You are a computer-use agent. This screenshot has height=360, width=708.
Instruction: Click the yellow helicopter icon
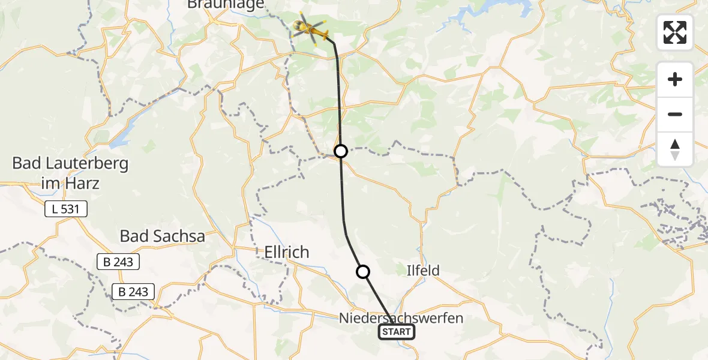[310, 28]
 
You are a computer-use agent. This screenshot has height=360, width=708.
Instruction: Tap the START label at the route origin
[397, 332]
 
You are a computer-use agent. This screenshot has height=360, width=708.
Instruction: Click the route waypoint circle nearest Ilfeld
[363, 272]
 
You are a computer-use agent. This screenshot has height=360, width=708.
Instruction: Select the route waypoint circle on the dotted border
[341, 151]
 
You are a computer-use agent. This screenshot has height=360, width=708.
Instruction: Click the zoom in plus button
[675, 79]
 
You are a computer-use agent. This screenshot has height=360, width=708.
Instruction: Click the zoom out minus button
[675, 114]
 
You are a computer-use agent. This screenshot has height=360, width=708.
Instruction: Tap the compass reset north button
[675, 149]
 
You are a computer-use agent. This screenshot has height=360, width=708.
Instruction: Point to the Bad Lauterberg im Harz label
[70, 173]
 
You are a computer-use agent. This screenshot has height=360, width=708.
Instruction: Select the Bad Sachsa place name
[162, 236]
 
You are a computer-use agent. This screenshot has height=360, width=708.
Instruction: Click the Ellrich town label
[287, 253]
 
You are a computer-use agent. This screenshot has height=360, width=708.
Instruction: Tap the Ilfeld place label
[423, 271]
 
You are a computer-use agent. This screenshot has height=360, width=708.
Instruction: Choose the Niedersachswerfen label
[401, 317]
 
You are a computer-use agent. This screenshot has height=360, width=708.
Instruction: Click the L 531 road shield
[66, 209]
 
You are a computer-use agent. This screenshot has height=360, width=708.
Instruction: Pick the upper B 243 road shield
[118, 262]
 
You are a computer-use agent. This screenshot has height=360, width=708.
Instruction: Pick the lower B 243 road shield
[133, 292]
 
